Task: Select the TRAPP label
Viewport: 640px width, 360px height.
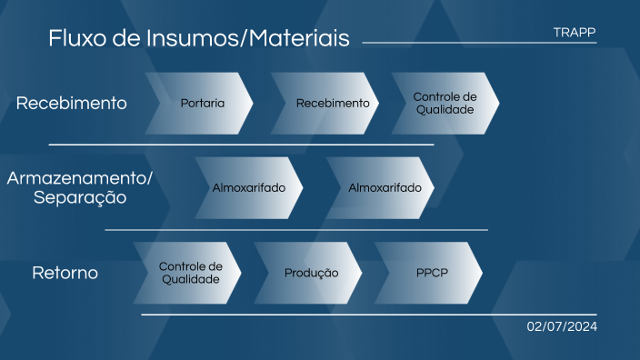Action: pyautogui.click(x=575, y=33)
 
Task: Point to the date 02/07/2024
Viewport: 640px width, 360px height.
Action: pyautogui.click(x=562, y=327)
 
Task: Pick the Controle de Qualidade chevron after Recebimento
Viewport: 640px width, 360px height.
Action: pyautogui.click(x=445, y=104)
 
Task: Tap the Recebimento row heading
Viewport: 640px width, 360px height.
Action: pyautogui.click(x=72, y=104)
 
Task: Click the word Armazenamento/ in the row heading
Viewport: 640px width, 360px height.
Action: pyautogui.click(x=80, y=177)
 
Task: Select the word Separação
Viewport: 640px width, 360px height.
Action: pyautogui.click(x=80, y=197)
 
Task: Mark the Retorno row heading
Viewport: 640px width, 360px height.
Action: pyautogui.click(x=65, y=273)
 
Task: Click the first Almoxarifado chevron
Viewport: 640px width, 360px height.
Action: pyautogui.click(x=248, y=188)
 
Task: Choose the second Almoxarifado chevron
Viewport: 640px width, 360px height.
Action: pyautogui.click(x=383, y=188)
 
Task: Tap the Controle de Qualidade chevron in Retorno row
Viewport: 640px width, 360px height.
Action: pyautogui.click(x=189, y=273)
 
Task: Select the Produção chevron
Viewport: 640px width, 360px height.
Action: pyautogui.click(x=310, y=273)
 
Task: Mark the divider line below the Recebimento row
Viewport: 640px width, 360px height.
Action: pyautogui.click(x=241, y=145)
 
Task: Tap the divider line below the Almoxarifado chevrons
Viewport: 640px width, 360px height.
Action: pyautogui.click(x=296, y=230)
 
